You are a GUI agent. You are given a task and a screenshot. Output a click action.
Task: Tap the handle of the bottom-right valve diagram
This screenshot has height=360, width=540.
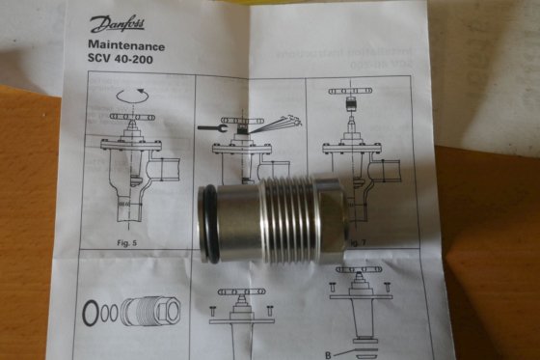[360, 271]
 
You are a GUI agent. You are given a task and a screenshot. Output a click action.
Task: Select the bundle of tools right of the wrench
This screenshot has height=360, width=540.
[274, 123]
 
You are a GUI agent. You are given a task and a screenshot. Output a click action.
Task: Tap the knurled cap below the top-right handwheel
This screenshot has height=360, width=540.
[360, 105]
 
